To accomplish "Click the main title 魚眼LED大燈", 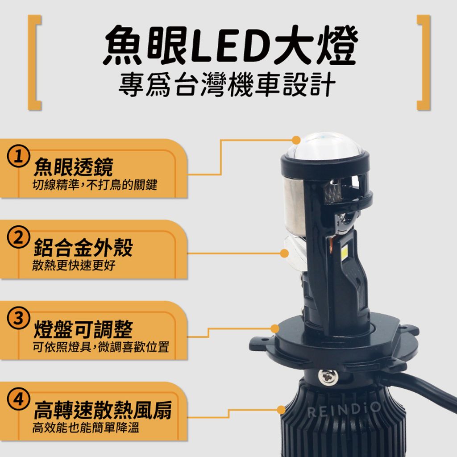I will tap(230, 46).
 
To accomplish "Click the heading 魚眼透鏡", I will tap(73, 167).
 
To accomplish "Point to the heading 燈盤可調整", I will tap(83, 329).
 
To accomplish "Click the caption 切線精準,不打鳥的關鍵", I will tap(95, 184).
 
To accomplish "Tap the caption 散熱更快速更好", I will tap(74, 266).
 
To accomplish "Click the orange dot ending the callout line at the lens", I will tap(295, 139).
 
